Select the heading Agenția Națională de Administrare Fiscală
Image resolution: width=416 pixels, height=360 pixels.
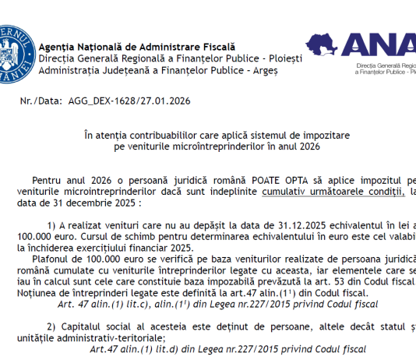coord(136,47)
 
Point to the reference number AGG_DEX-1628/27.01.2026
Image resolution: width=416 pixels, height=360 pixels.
coord(130,101)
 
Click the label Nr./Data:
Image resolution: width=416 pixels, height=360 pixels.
coord(43,101)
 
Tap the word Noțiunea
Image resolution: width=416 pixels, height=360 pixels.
coord(59,292)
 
